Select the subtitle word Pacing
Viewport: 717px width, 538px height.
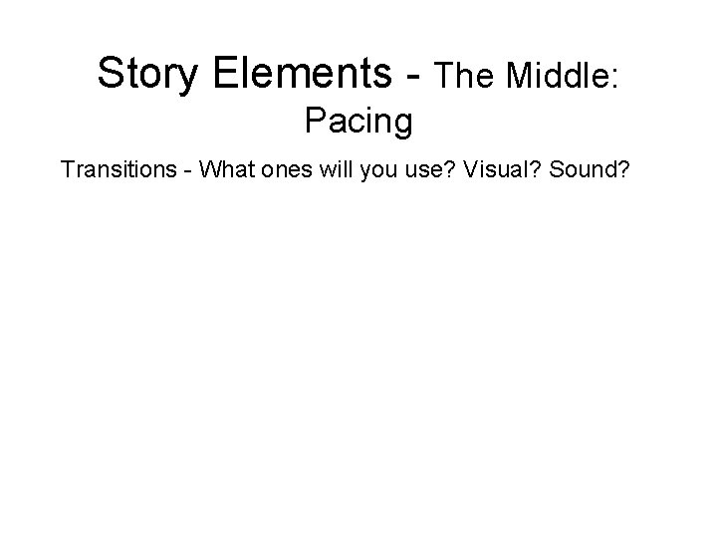coord(358,122)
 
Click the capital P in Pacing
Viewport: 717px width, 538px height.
coord(314,121)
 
